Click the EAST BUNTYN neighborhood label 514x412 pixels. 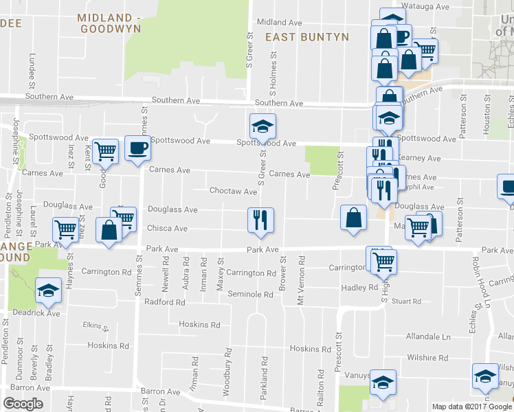(x=307, y=37)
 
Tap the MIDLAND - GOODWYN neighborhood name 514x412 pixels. (x=110, y=23)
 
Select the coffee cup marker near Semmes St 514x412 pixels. (x=136, y=148)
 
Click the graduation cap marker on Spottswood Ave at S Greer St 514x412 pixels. (x=262, y=126)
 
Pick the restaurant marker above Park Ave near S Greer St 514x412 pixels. (x=260, y=220)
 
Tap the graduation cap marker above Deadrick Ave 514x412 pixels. (x=48, y=291)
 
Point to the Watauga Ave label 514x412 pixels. (x=425, y=6)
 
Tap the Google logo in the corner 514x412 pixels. (x=23, y=404)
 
